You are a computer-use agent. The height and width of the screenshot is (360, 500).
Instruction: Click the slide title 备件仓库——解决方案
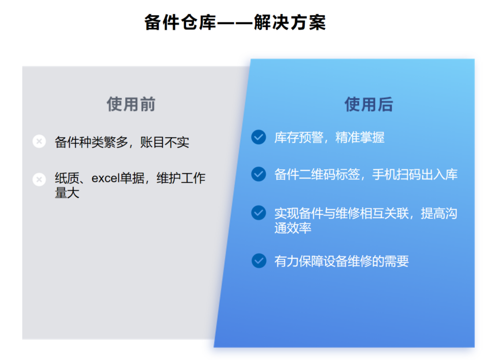(x=235, y=22)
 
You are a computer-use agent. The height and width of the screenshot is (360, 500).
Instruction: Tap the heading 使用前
(x=131, y=104)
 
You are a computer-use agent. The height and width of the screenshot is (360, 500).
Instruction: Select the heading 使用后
(x=368, y=104)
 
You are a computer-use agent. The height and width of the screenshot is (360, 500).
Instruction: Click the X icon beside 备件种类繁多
(x=39, y=141)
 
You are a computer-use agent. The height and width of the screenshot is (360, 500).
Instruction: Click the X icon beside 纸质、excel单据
(x=39, y=179)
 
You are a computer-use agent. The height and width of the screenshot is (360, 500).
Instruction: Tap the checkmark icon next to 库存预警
(x=259, y=137)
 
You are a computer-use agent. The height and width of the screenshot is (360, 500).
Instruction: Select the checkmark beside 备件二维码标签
(x=259, y=174)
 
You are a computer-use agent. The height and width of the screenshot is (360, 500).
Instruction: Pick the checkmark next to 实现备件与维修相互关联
(x=259, y=213)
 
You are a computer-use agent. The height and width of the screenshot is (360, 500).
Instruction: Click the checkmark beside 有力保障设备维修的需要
(x=259, y=261)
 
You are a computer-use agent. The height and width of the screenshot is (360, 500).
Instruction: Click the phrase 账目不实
(x=165, y=142)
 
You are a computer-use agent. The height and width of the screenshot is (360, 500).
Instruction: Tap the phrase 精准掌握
(x=360, y=138)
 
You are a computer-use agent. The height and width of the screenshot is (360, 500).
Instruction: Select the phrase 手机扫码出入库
(x=415, y=174)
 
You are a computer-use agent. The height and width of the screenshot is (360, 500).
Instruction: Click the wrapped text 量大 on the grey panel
(x=67, y=193)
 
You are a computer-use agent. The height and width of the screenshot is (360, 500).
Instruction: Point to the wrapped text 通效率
(x=293, y=228)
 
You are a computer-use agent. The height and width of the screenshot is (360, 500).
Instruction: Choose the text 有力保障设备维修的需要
(x=341, y=261)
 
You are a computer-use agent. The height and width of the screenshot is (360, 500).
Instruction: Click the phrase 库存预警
(x=299, y=138)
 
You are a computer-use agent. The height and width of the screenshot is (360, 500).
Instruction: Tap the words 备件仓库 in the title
(x=180, y=22)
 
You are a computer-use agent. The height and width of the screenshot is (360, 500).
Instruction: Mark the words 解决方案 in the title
(x=290, y=22)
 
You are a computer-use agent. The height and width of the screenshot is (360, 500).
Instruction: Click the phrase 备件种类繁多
(x=91, y=142)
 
